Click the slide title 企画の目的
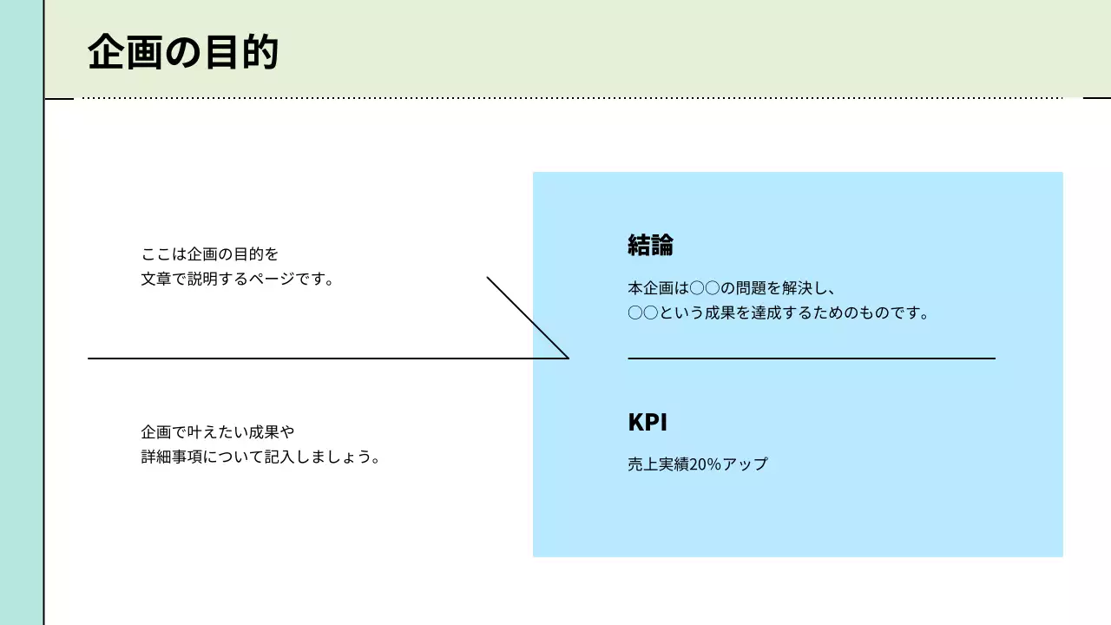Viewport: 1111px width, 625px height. [183, 52]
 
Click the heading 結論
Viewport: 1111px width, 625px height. [650, 246]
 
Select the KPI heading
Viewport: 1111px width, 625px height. [648, 423]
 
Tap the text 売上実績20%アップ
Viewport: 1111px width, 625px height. [698, 464]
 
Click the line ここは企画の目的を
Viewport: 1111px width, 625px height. [210, 254]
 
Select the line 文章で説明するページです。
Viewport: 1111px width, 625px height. [238, 280]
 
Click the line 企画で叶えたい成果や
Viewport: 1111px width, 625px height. [218, 431]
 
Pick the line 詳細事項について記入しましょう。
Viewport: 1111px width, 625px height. [261, 457]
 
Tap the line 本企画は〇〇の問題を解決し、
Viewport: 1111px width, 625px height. [732, 288]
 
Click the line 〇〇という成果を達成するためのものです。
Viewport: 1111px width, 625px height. [779, 313]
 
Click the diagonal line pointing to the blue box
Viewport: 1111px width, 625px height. [528, 318]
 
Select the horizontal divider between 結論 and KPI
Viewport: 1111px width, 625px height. [812, 358]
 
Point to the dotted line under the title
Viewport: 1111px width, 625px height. [573, 98]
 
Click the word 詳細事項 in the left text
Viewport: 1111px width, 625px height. [171, 457]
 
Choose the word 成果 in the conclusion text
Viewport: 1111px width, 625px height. [721, 313]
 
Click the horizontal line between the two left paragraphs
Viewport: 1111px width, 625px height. [304, 358]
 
